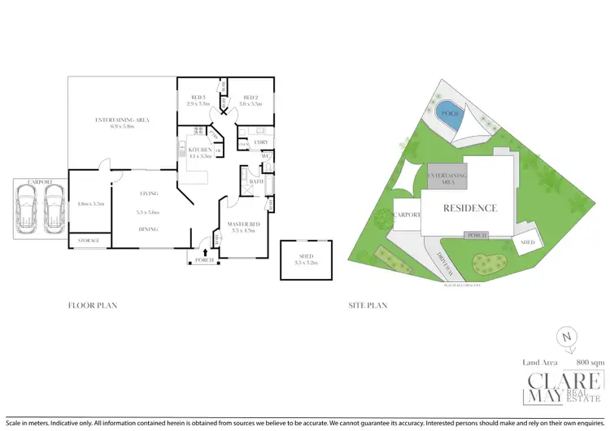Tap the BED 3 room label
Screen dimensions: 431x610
[198, 100]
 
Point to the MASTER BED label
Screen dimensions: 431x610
[243, 227]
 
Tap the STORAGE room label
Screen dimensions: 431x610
[88, 242]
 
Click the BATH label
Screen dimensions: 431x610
[257, 181]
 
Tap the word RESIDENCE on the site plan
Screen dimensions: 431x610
[469, 208]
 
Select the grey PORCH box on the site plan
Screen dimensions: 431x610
[477, 236]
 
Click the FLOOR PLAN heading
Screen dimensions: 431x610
[93, 306]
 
